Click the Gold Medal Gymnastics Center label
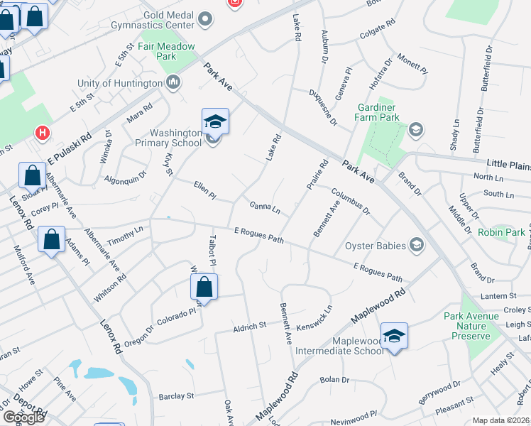[x=168, y=19]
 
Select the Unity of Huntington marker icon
[x=174, y=84]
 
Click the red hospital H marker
[x=43, y=133]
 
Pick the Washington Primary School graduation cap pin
[x=215, y=121]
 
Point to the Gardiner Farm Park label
[x=376, y=111]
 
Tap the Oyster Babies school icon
[x=417, y=246]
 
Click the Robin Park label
[x=501, y=232]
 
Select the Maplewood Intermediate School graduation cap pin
[x=394, y=335]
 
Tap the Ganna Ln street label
[x=265, y=208]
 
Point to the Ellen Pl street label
[x=204, y=190]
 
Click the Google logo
[x=23, y=417]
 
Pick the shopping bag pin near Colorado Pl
[x=204, y=286]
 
